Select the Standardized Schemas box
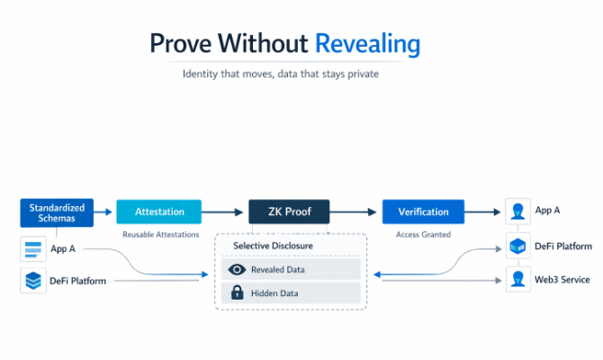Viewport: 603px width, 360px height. pyautogui.click(x=58, y=212)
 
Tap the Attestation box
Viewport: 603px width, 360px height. pyautogui.click(x=159, y=212)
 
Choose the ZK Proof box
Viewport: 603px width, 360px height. pyautogui.click(x=290, y=212)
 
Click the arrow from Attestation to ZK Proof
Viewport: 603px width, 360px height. pyautogui.click(x=225, y=212)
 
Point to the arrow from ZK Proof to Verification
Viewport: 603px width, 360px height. pyautogui.click(x=355, y=212)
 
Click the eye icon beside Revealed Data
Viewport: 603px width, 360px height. pyautogui.click(x=238, y=269)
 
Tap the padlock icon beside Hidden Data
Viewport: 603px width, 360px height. pyautogui.click(x=238, y=292)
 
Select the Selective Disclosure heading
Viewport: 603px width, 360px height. pyautogui.click(x=273, y=246)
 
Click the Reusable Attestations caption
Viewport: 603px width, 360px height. pyautogui.click(x=160, y=235)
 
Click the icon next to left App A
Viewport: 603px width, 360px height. pyautogui.click(x=33, y=249)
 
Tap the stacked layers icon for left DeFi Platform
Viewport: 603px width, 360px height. pyautogui.click(x=33, y=281)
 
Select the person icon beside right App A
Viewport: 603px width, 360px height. pyautogui.click(x=517, y=211)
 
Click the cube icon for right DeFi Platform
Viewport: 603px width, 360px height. pyautogui.click(x=517, y=246)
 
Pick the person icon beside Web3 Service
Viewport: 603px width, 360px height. pyautogui.click(x=517, y=279)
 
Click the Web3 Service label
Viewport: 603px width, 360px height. pyautogui.click(x=562, y=280)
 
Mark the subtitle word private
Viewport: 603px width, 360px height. pyautogui.click(x=361, y=74)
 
